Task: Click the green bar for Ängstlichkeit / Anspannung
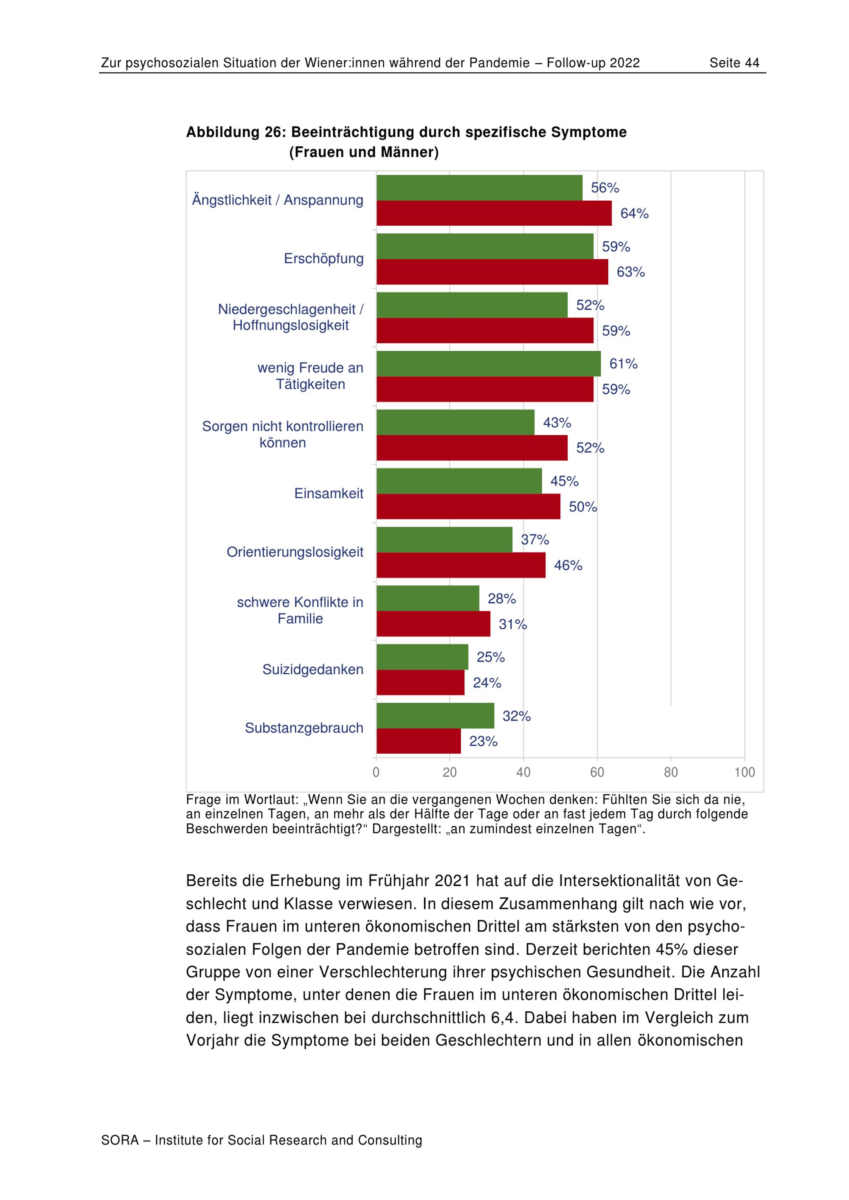tap(479, 188)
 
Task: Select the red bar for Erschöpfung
tap(492, 272)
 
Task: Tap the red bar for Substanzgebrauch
tap(418, 741)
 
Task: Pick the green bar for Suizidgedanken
tap(422, 657)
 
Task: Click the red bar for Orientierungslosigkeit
tap(461, 565)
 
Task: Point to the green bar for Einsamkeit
tap(459, 481)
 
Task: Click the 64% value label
tap(634, 213)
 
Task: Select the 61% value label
tap(623, 364)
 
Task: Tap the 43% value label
tap(557, 422)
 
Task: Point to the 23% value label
tap(483, 741)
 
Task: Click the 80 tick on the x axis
tap(671, 772)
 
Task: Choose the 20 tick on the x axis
tap(450, 772)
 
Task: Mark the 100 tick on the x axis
tap(745, 772)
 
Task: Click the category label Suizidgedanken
tap(312, 670)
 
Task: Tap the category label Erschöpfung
tap(323, 259)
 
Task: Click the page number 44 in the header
tap(752, 63)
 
